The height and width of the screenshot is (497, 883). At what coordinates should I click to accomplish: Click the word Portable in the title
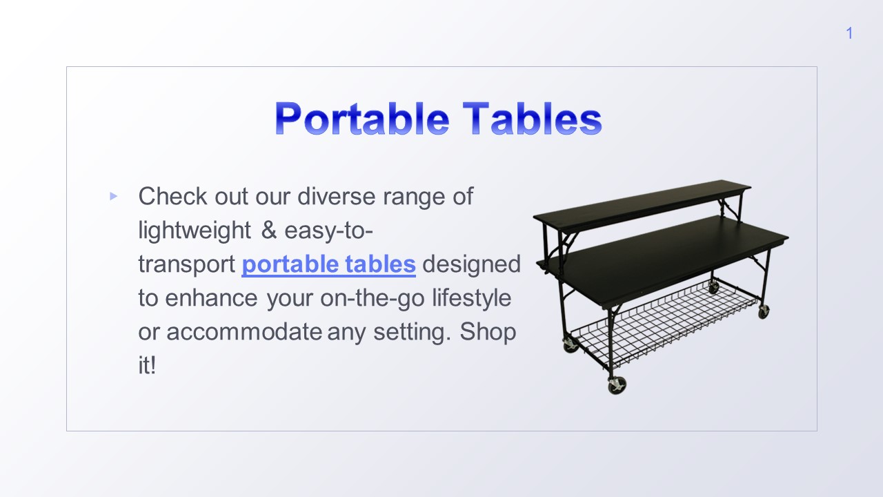(361, 119)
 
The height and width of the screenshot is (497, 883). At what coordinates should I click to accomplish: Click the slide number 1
(849, 33)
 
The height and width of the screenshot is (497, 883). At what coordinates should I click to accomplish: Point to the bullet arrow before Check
(113, 197)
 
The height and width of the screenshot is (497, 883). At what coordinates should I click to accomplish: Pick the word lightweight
(195, 230)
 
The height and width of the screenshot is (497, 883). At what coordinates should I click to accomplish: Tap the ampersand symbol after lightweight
(268, 230)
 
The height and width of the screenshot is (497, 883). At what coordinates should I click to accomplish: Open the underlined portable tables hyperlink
(328, 264)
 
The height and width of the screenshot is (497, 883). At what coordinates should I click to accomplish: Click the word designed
(471, 264)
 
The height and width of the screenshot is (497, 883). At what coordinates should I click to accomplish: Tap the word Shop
(488, 332)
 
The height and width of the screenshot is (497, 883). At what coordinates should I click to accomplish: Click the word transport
(187, 264)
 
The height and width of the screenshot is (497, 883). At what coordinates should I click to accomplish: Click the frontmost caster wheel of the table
(616, 385)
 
